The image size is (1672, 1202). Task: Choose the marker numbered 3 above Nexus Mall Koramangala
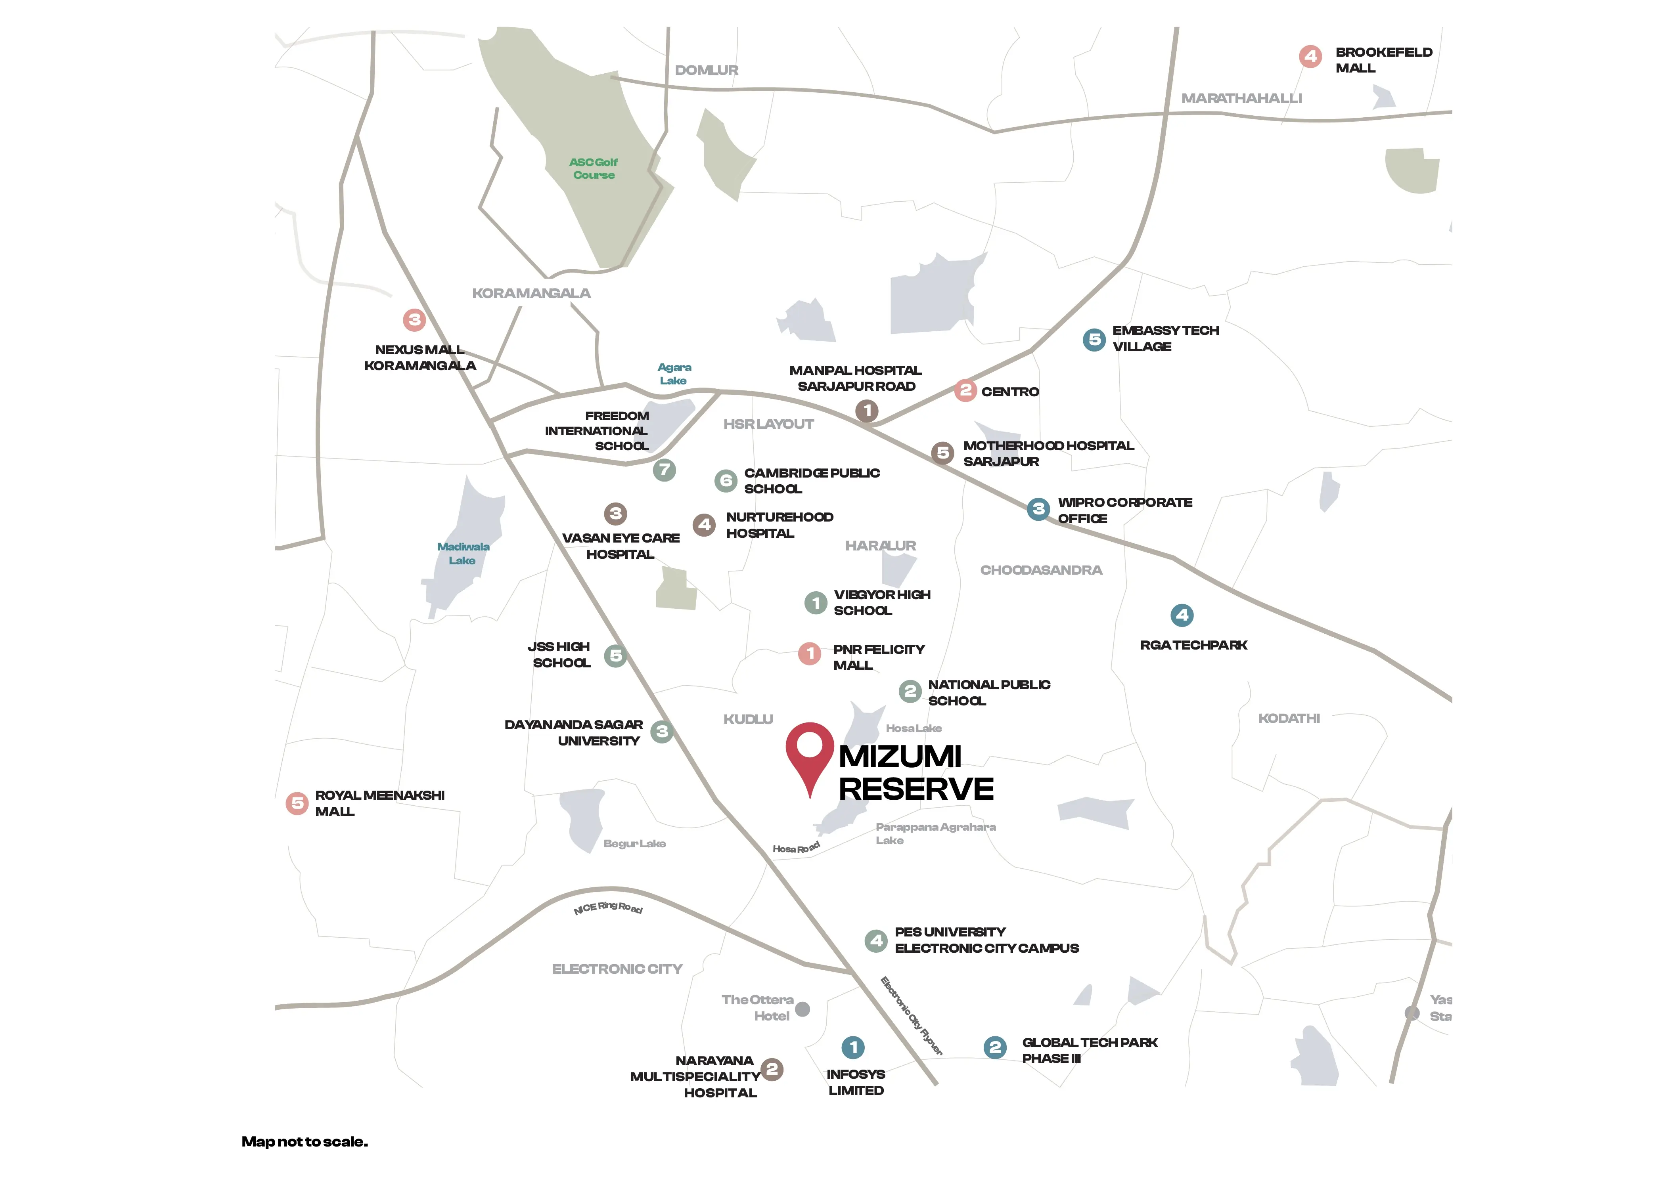[414, 320]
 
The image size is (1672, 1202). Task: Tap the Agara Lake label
[674, 374]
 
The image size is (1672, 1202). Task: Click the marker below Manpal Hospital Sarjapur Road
[867, 411]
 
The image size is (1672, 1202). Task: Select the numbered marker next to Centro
[965, 391]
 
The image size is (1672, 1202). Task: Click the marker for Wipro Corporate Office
[1038, 508]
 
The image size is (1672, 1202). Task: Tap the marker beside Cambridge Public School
[726, 480]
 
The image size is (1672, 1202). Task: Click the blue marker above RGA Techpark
[1182, 615]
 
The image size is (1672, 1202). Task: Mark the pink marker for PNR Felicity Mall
[810, 653]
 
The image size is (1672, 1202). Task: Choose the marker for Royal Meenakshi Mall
[297, 803]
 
